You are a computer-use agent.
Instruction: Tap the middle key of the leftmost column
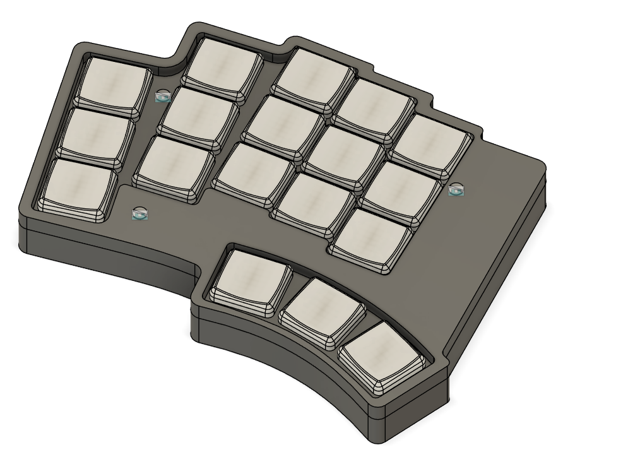point(98,133)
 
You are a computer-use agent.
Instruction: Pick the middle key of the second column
point(199,113)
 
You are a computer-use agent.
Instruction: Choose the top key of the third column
point(312,76)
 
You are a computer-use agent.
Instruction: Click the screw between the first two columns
point(163,96)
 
